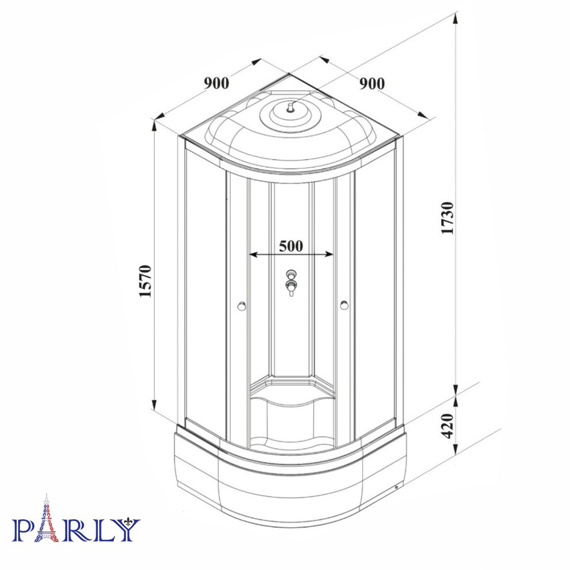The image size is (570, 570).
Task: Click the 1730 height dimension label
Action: [447, 218]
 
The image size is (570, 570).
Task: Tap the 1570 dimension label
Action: [145, 281]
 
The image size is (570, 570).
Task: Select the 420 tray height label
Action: [447, 426]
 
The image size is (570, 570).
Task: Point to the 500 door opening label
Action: [291, 246]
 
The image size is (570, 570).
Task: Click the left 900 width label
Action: [217, 83]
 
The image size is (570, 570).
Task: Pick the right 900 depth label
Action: [372, 84]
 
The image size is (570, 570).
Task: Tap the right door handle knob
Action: [344, 306]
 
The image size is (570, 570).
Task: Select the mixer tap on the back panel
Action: [291, 282]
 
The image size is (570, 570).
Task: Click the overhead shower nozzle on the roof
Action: [290, 108]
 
